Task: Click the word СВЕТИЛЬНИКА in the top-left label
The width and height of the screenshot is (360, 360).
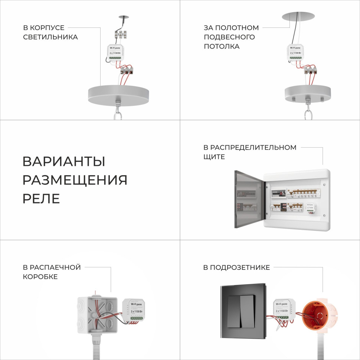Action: (x=50, y=37)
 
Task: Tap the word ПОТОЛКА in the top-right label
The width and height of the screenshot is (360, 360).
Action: (x=222, y=47)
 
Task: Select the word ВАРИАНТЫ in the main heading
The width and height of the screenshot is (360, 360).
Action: (x=64, y=162)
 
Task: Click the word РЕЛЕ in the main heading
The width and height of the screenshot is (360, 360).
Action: (x=41, y=199)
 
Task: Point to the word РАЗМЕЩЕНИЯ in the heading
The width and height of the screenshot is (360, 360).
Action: (x=75, y=180)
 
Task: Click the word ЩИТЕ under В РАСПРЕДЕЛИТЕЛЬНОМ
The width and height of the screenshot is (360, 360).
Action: (x=214, y=157)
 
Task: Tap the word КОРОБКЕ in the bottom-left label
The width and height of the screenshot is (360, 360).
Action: (x=40, y=277)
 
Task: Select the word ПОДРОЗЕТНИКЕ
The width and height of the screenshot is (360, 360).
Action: (x=240, y=267)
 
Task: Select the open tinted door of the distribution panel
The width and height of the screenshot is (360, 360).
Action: (x=249, y=199)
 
